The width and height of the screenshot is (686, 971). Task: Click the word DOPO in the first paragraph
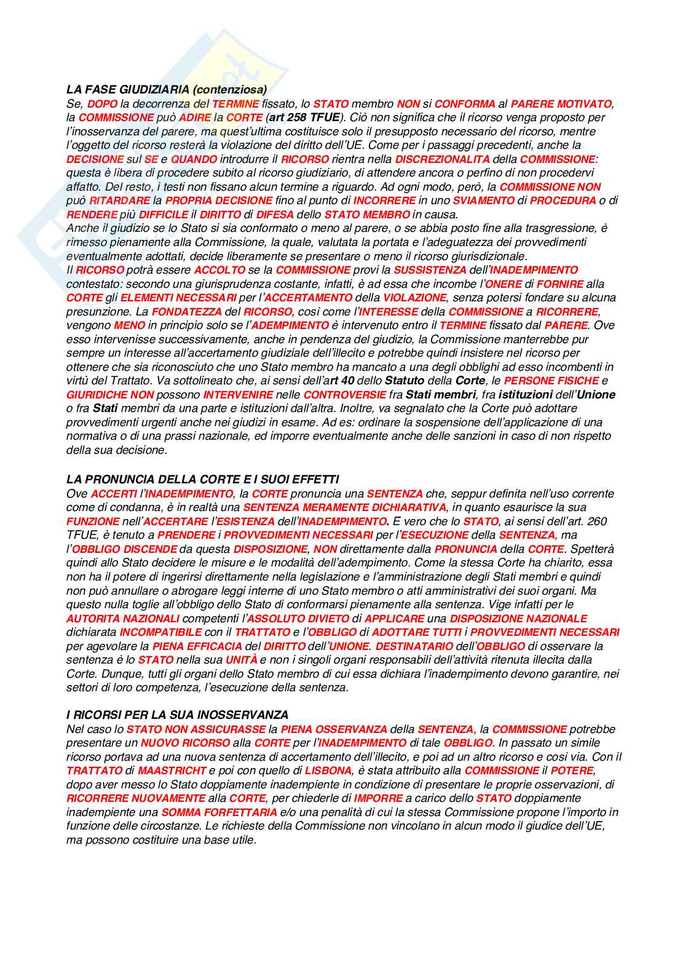tap(102, 104)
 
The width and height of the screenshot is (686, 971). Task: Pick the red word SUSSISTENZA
tap(430, 270)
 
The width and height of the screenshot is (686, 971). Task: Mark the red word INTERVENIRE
tap(238, 395)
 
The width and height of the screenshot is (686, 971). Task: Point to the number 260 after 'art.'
tap(597, 521)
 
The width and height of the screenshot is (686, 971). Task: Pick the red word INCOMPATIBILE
tap(160, 632)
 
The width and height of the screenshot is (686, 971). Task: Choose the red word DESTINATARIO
tap(417, 646)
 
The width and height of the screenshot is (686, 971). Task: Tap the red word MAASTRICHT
tap(171, 771)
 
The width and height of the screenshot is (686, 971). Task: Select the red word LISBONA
tap(328, 771)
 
